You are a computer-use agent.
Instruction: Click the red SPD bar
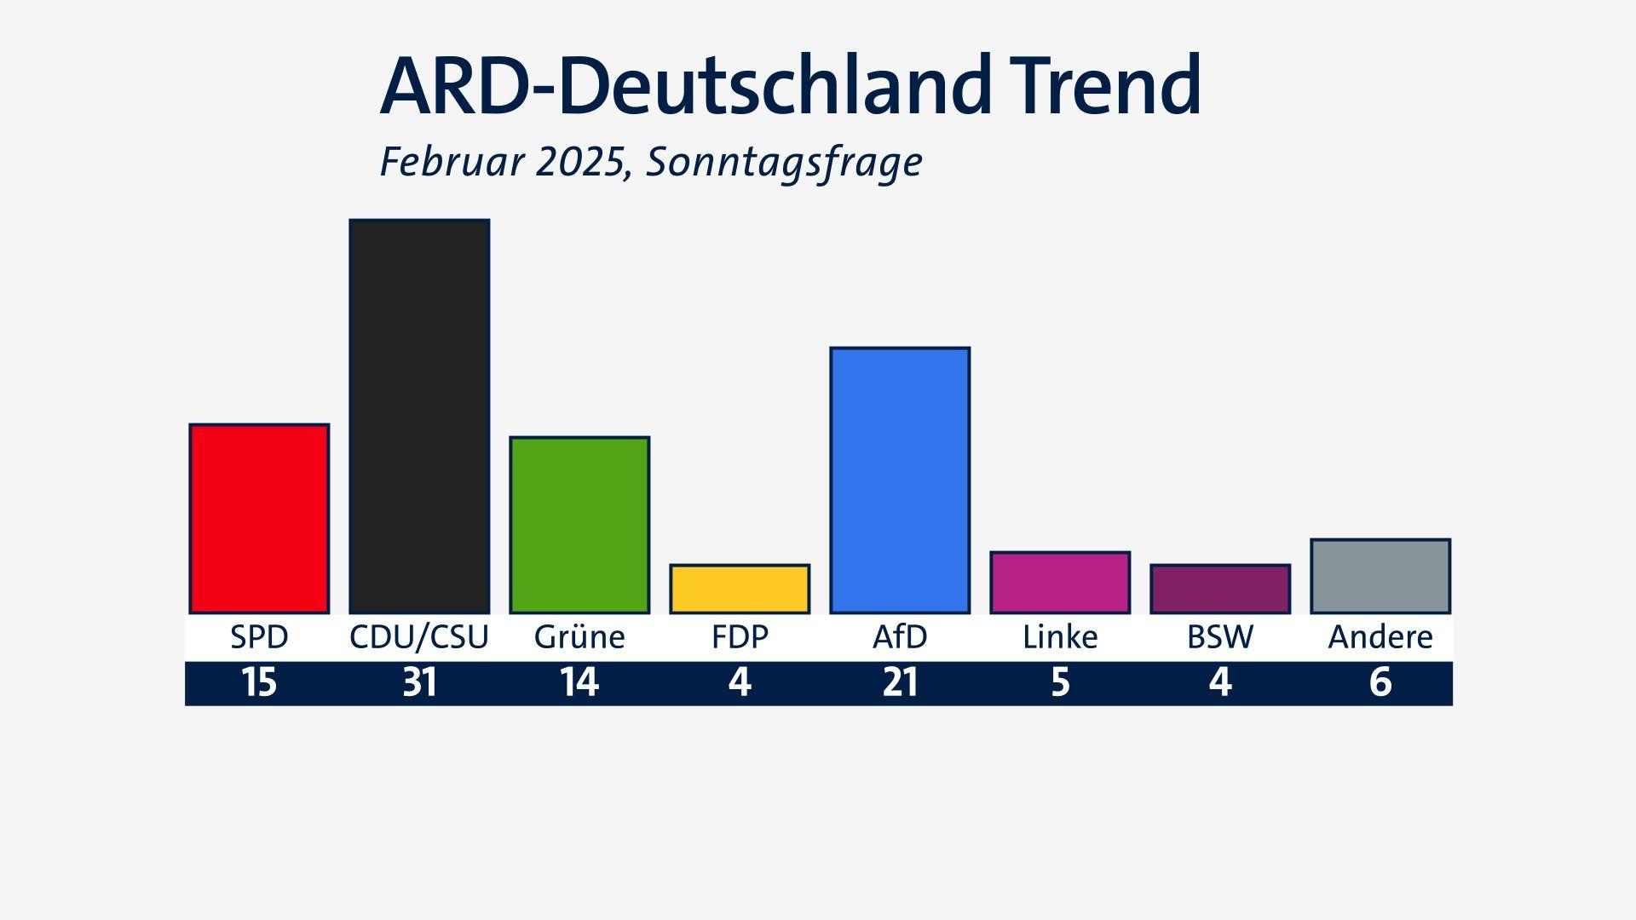(259, 518)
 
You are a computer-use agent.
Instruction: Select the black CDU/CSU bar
(419, 416)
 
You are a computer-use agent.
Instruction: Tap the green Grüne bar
(579, 525)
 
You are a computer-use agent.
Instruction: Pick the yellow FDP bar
(740, 589)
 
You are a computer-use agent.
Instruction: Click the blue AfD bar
(900, 480)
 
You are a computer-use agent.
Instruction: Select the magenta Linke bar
(1060, 582)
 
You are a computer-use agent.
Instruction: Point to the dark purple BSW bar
(1220, 589)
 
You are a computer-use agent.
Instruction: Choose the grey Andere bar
(1380, 576)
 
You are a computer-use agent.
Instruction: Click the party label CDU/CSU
(419, 637)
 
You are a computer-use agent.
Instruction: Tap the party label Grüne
(579, 637)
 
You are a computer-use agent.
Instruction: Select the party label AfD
(900, 637)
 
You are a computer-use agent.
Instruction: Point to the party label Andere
(1380, 637)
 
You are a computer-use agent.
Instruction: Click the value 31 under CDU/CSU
(419, 683)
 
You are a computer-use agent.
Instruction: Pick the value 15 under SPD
(259, 683)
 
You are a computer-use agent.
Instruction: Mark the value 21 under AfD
(900, 683)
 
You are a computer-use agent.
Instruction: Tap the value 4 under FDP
(740, 683)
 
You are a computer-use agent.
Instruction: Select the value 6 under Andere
(1380, 683)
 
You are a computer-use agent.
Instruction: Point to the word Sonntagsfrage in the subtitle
(784, 162)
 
